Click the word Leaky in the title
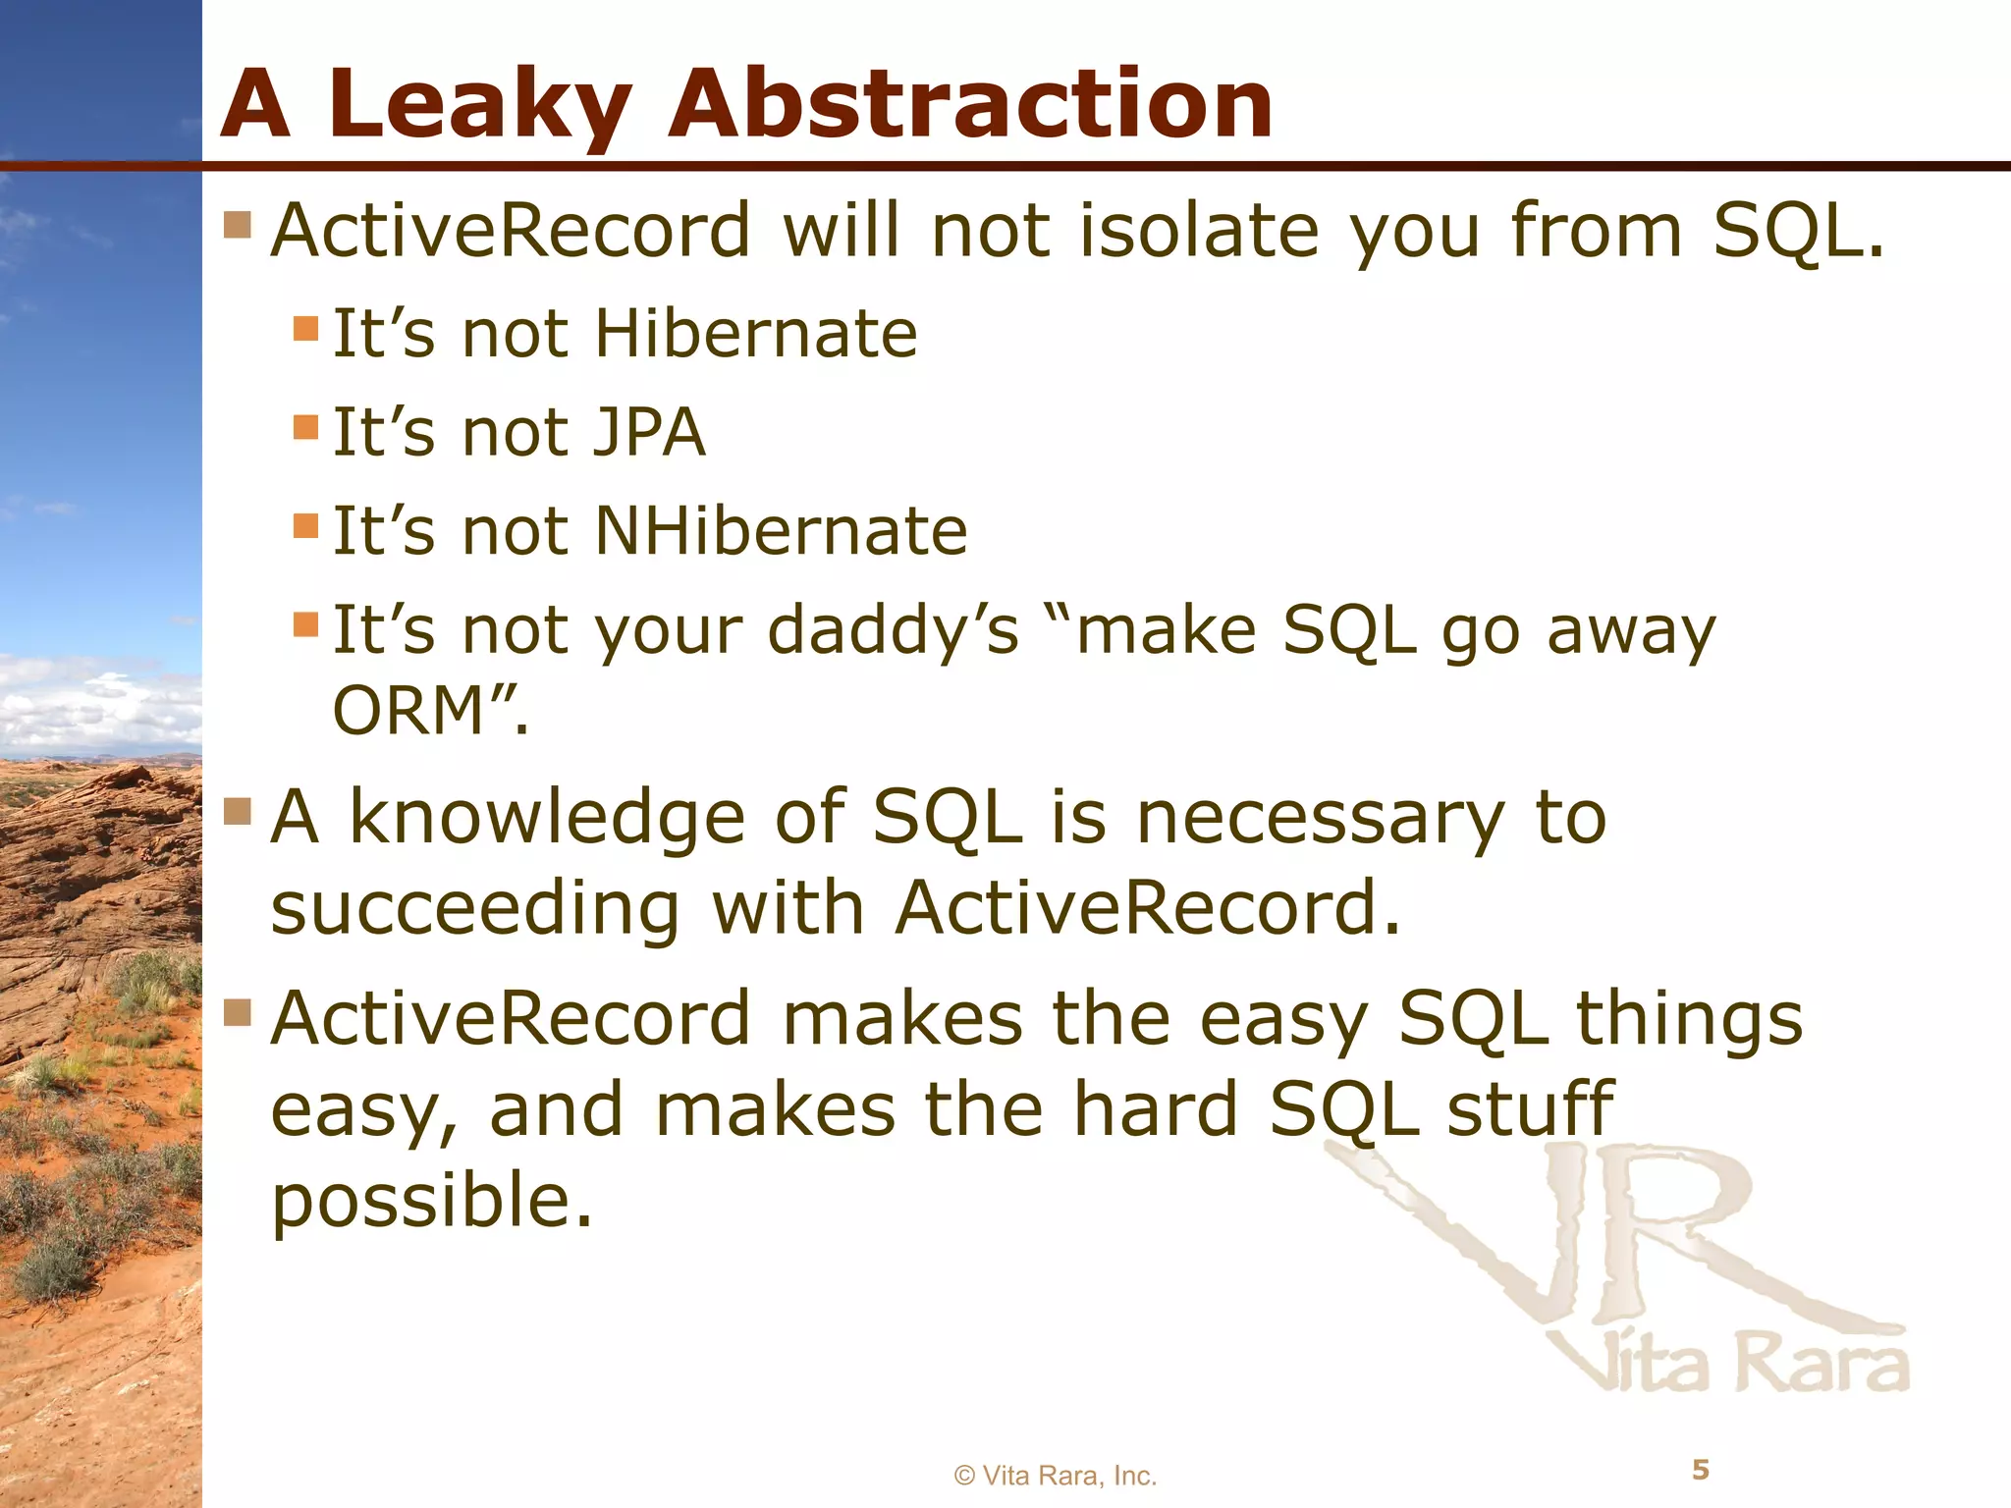[x=480, y=105]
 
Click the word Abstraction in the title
[x=969, y=105]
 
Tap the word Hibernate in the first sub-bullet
[x=756, y=334]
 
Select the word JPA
[x=650, y=433]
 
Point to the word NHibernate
[x=782, y=532]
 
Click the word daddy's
[x=893, y=630]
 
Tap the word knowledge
[x=548, y=818]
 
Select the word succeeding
[x=475, y=908]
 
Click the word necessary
[x=1320, y=818]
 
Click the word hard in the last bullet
[x=1155, y=1109]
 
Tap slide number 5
[x=1701, y=1470]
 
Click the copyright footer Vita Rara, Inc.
[x=1056, y=1476]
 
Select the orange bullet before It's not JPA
[x=306, y=427]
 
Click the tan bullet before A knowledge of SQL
[x=238, y=811]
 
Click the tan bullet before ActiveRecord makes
[x=238, y=1012]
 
